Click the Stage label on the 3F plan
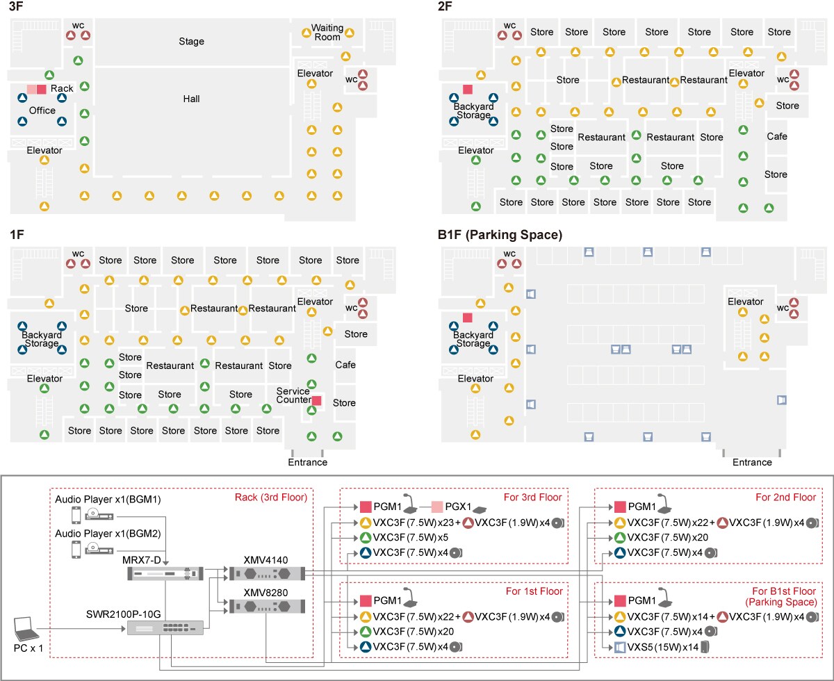[191, 41]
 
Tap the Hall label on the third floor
[191, 99]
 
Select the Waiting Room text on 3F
[327, 32]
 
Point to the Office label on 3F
[42, 110]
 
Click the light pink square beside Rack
[31, 89]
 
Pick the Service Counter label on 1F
[293, 395]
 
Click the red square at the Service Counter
[316, 401]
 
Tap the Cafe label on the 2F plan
[776, 136]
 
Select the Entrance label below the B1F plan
[752, 462]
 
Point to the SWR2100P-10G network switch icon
[166, 627]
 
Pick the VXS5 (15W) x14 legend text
[661, 648]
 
